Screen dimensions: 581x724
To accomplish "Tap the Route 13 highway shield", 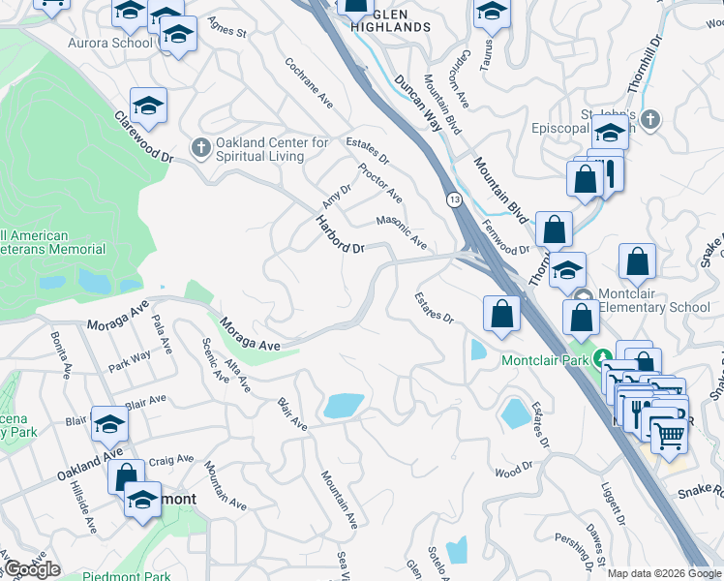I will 453,199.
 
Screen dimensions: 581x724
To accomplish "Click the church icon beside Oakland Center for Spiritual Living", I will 200,147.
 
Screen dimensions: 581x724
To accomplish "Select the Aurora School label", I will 110,43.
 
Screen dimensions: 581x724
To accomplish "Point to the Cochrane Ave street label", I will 309,82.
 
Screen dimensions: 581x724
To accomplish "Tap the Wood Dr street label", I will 514,472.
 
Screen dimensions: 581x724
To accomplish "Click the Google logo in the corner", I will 32,568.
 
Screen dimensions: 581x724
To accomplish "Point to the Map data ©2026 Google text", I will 664,573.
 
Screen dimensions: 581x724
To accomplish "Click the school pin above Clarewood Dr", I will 148,107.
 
